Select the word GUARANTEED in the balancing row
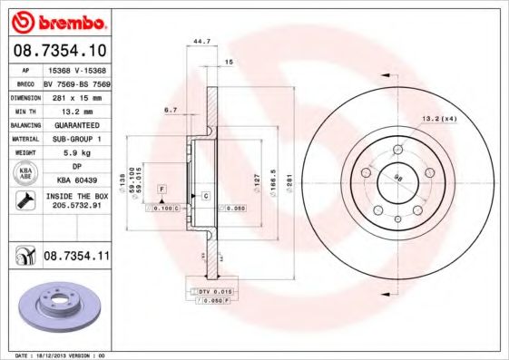(x=73, y=125)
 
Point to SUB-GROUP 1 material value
(x=73, y=139)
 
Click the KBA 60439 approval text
(x=73, y=180)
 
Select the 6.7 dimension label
(x=170, y=109)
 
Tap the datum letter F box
(x=162, y=188)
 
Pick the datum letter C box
(x=206, y=196)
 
